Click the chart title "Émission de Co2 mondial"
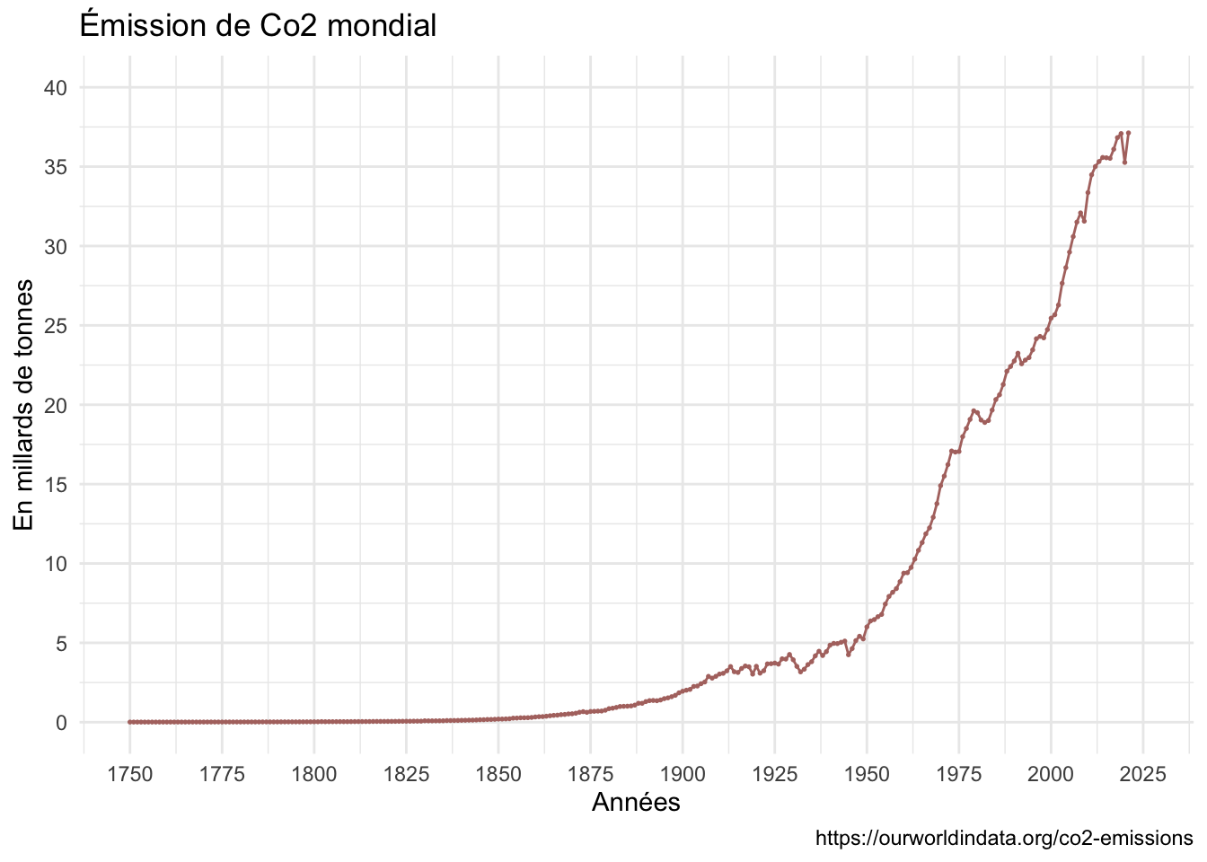coord(258,25)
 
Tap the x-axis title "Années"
coord(636,802)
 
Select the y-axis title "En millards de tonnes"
coord(23,405)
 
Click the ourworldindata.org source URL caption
coord(1004,838)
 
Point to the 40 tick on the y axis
coord(55,88)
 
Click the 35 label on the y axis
coord(55,167)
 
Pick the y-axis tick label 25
coord(55,326)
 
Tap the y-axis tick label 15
coord(55,485)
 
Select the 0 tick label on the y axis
coord(61,723)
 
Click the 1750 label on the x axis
coord(130,775)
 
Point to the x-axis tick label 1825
coord(406,775)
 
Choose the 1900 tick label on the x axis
coord(683,775)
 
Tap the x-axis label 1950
coord(867,775)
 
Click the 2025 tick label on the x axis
coord(1143,775)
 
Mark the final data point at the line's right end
coord(1128,133)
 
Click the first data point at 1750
coord(130,722)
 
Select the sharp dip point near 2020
coord(1124,163)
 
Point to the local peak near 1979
coord(974,411)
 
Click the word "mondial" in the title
coord(382,25)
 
